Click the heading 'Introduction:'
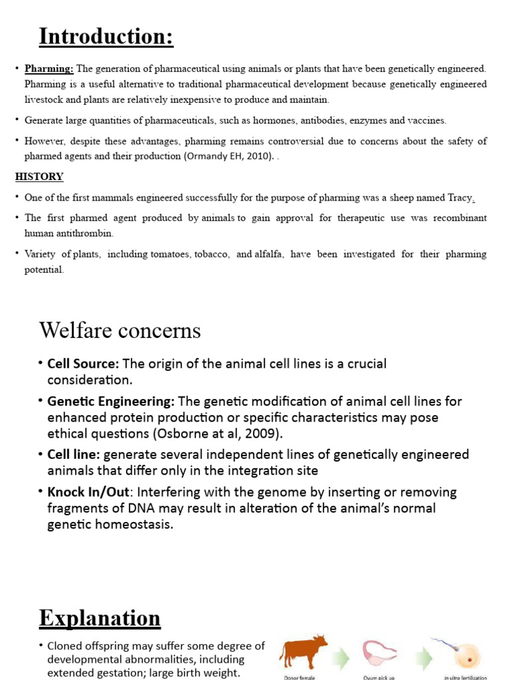tap(106, 36)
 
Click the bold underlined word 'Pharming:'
tap(50, 68)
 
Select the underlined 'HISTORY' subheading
tap(39, 177)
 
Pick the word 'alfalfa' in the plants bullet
tap(272, 254)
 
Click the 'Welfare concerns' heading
tap(120, 330)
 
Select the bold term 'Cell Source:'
tap(83, 364)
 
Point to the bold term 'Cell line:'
tap(74, 454)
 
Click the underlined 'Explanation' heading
tap(100, 618)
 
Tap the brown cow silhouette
tap(303, 650)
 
